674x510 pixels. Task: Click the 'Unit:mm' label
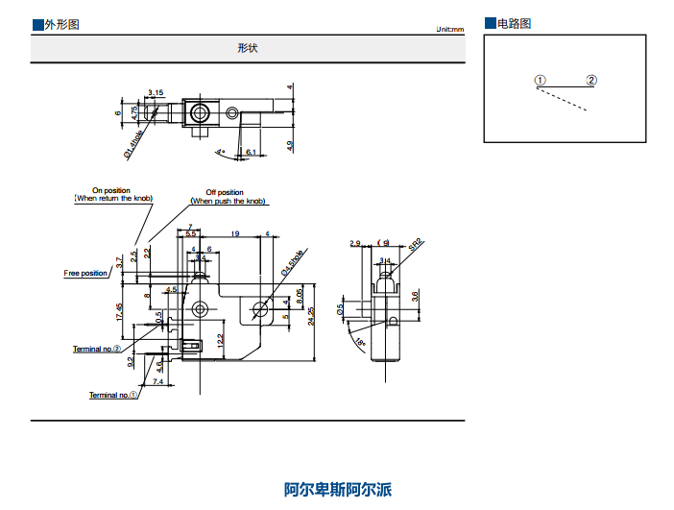coord(449,30)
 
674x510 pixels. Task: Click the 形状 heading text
coord(248,48)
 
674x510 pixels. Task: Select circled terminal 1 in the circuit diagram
coord(541,81)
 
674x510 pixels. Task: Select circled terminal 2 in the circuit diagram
coord(591,81)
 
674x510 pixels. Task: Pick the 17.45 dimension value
coord(118,312)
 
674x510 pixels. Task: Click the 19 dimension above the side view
coord(235,233)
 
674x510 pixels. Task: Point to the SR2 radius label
coord(415,246)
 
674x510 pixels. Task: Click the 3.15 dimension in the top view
coord(156,92)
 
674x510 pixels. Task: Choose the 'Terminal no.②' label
coord(97,349)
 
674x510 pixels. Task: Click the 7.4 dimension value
coord(157,382)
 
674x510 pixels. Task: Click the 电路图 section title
coord(513,23)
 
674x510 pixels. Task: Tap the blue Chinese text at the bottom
coord(338,490)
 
